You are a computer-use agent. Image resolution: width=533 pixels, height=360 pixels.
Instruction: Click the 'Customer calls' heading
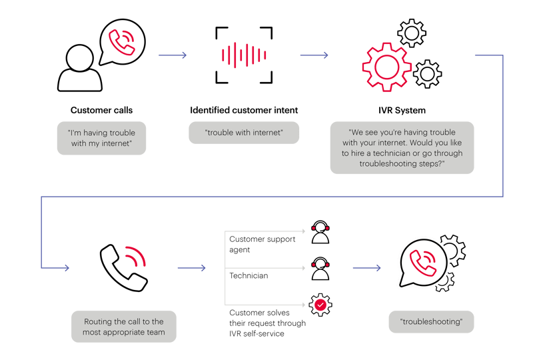101,110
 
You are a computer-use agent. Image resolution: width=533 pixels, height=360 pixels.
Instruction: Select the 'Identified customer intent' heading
244,110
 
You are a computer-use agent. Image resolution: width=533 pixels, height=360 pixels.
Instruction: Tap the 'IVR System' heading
402,110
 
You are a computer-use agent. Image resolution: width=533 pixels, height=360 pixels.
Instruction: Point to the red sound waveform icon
244,55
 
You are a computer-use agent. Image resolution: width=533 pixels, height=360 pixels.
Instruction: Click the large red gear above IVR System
386,67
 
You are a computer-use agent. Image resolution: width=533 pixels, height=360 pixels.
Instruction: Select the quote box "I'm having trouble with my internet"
101,138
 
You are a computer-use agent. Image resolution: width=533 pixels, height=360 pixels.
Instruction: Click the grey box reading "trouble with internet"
244,132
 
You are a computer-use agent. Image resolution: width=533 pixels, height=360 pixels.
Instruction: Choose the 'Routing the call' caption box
124,326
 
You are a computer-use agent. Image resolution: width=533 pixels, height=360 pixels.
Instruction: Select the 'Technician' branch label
249,275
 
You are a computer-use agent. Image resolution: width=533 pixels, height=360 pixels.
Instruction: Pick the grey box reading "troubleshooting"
431,321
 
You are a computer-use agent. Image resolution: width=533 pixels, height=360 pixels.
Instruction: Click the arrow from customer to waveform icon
173,55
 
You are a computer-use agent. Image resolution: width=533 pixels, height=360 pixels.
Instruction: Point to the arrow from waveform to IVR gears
314,55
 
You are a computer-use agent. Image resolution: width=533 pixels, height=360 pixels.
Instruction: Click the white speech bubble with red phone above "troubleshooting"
422,264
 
